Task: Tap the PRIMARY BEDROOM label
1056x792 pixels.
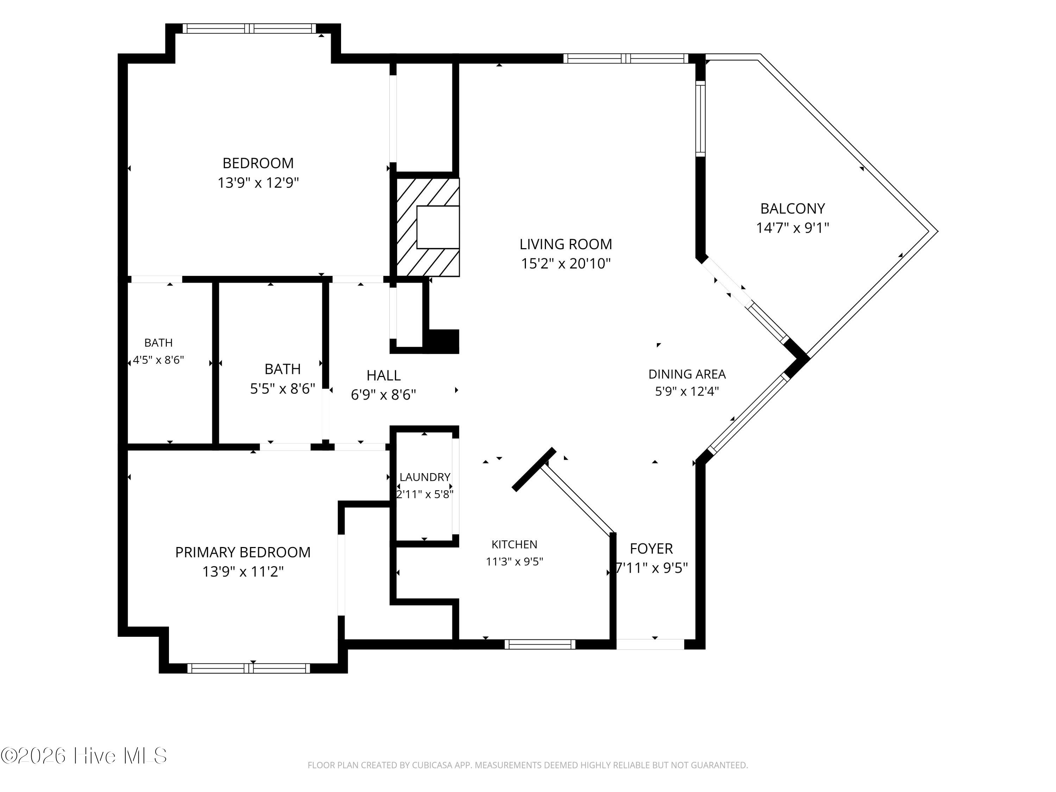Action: pyautogui.click(x=243, y=552)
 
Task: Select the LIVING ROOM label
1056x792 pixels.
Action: pyautogui.click(x=566, y=244)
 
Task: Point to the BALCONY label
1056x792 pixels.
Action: pyautogui.click(x=792, y=209)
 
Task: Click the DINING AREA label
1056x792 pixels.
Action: pyautogui.click(x=687, y=374)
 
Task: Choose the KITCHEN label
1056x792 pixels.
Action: pyautogui.click(x=514, y=544)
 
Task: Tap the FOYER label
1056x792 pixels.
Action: pyautogui.click(x=651, y=548)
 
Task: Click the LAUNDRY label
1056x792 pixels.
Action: pyautogui.click(x=425, y=477)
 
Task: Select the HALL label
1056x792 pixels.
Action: pyautogui.click(x=383, y=376)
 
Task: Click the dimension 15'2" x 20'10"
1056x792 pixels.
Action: pyautogui.click(x=566, y=264)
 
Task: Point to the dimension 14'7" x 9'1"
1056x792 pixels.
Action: pyautogui.click(x=792, y=228)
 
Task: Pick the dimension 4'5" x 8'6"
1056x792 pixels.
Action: pyautogui.click(x=158, y=360)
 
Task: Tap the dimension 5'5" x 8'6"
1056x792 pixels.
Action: pyautogui.click(x=283, y=389)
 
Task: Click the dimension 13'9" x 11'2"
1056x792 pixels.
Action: pyautogui.click(x=243, y=571)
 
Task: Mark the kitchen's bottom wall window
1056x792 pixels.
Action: pyautogui.click(x=540, y=645)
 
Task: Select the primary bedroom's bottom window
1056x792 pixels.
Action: pyautogui.click(x=249, y=668)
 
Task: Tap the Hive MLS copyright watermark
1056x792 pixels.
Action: pyautogui.click(x=84, y=756)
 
